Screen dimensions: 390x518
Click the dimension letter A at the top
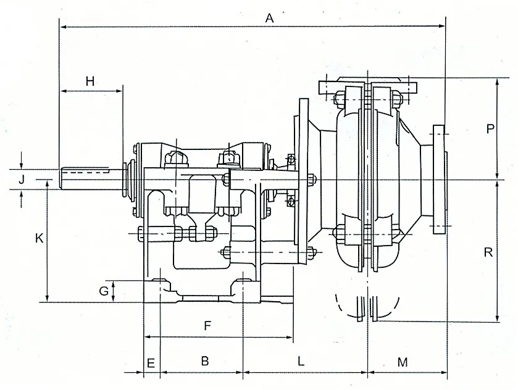point(269,18)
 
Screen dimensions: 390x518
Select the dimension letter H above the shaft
point(90,81)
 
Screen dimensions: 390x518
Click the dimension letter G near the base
point(104,289)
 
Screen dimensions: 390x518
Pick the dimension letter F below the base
point(208,326)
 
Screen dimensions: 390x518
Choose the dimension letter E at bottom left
point(149,362)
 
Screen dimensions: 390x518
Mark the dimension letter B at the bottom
point(206,362)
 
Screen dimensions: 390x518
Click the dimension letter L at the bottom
point(301,362)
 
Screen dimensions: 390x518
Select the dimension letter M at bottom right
point(403,362)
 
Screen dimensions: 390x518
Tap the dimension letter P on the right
point(490,129)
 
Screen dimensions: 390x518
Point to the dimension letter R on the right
point(488,252)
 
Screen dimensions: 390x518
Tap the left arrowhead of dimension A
point(62,27)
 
